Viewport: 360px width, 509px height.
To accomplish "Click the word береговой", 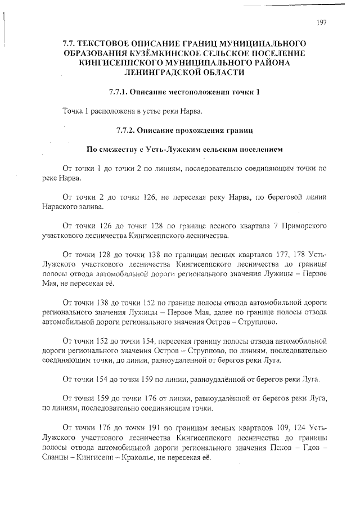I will (x=277, y=197).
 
